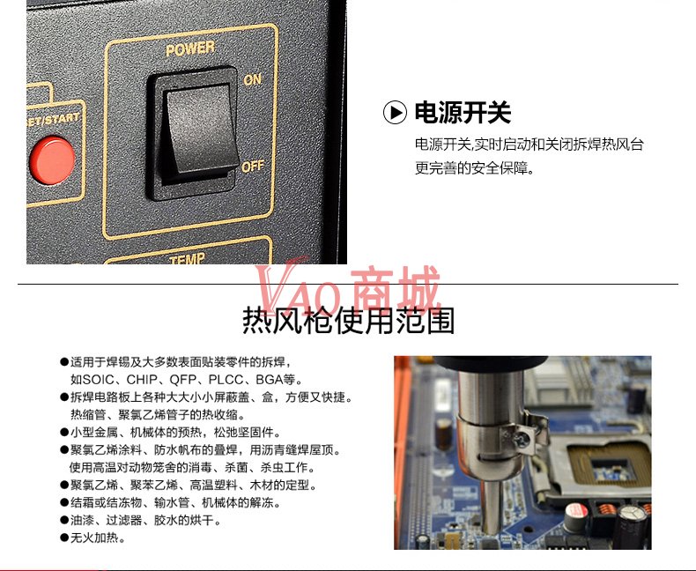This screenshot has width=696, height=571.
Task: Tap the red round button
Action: [52, 160]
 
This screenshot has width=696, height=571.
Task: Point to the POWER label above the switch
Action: [190, 48]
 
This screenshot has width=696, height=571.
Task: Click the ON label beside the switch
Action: [253, 79]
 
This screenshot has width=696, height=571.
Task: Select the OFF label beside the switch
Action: [253, 167]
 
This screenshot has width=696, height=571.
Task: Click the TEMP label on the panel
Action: [188, 258]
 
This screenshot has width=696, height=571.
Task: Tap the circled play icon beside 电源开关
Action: [395, 112]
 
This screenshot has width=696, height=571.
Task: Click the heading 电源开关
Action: [463, 112]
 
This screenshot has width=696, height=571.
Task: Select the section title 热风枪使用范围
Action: [349, 321]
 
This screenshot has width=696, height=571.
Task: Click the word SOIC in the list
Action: [98, 380]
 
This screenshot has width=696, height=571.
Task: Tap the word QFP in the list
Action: [183, 380]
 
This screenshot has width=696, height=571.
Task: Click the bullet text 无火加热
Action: [94, 538]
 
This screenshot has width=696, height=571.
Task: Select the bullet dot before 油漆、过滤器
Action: [64, 521]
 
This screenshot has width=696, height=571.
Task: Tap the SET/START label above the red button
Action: [53, 120]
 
